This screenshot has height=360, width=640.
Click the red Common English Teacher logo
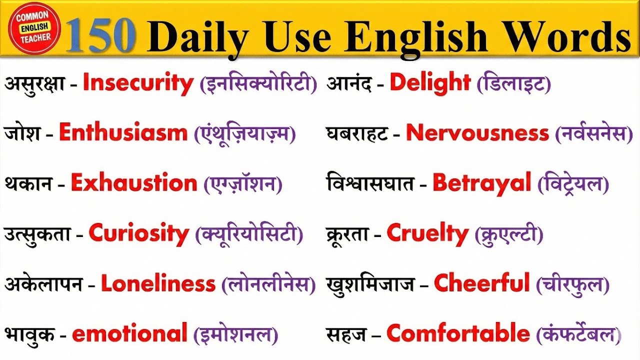pos(33,28)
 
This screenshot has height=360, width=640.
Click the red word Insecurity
pos(138,83)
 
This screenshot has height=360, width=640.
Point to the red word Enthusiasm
pos(123,133)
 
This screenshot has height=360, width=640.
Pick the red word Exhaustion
pos(134,183)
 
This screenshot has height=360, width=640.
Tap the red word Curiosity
pos(139,233)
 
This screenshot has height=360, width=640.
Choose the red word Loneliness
pos(158,284)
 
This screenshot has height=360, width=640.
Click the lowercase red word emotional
pos(129,334)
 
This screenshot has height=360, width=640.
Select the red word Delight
pos(430,83)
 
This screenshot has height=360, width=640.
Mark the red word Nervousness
pos(477,133)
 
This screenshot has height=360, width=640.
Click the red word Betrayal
pos(481,183)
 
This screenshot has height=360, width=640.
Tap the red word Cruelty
pos(427,233)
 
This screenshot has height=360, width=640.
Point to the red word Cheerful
pos(481,283)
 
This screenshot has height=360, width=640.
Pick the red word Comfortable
pos(457,333)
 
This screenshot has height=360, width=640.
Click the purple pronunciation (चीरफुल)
pos(572,284)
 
